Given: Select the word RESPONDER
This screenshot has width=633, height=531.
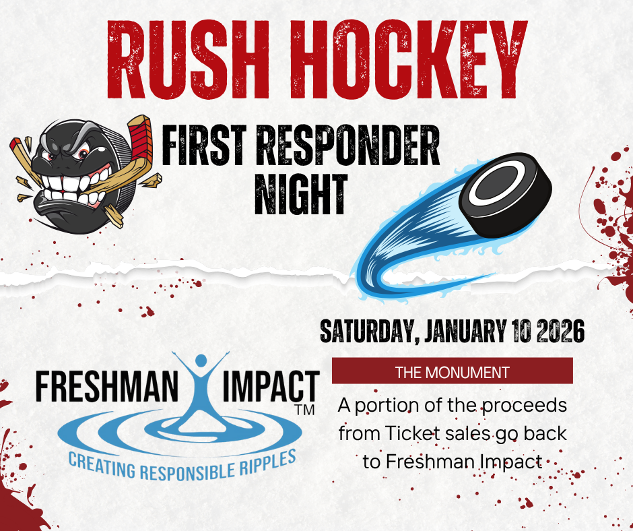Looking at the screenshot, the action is (348, 145).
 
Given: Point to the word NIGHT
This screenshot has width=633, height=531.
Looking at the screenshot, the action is (301, 194).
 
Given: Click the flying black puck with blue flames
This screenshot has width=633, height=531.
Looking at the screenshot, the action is (505, 194).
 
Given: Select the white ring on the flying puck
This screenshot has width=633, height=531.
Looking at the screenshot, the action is (496, 181).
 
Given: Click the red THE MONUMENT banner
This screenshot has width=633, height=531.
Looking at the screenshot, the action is (452, 371).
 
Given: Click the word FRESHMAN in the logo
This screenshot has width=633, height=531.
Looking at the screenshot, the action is (106, 387).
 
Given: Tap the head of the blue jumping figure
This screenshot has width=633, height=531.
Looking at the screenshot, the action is (201, 361).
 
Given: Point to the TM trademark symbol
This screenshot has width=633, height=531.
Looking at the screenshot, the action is (305, 410).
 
